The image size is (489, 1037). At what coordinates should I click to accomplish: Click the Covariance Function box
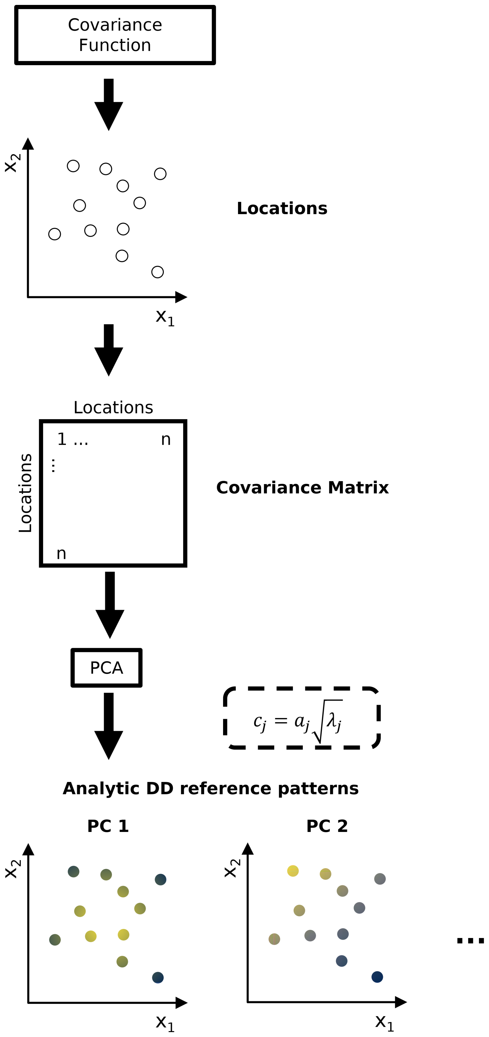115,35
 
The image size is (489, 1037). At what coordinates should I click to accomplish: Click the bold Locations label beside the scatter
282,208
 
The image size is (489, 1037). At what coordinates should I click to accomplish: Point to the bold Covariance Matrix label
302,487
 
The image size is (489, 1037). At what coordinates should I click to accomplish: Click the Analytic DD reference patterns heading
210,788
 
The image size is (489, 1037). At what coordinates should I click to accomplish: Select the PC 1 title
108,826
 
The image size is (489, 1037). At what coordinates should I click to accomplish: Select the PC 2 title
327,826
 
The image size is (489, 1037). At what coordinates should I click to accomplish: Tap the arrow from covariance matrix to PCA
110,604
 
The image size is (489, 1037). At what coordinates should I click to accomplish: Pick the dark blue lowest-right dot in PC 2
377,976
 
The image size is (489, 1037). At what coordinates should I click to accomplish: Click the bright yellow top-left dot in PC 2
293,871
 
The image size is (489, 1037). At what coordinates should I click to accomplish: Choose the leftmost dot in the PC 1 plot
55,940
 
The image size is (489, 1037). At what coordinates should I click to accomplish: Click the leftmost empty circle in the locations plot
55,234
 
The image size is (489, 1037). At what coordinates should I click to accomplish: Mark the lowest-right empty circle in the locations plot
157,272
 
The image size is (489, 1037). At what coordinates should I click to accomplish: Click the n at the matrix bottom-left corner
61,553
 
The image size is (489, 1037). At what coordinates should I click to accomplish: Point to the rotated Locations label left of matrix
25,493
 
